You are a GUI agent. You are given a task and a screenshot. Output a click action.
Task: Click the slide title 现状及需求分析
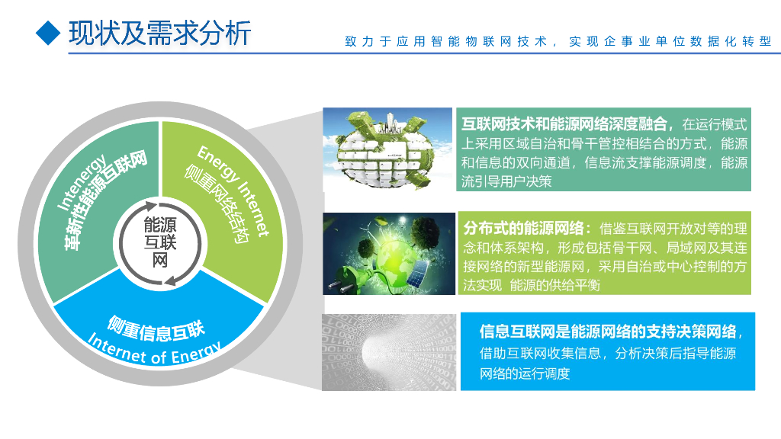click(159, 33)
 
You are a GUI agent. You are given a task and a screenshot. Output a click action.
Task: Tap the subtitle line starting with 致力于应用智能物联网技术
click(558, 42)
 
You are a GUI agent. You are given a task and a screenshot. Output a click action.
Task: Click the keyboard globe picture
click(387, 149)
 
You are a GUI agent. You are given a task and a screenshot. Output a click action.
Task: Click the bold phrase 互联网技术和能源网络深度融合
click(566, 124)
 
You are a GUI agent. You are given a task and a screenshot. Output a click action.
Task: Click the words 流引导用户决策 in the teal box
click(506, 181)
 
